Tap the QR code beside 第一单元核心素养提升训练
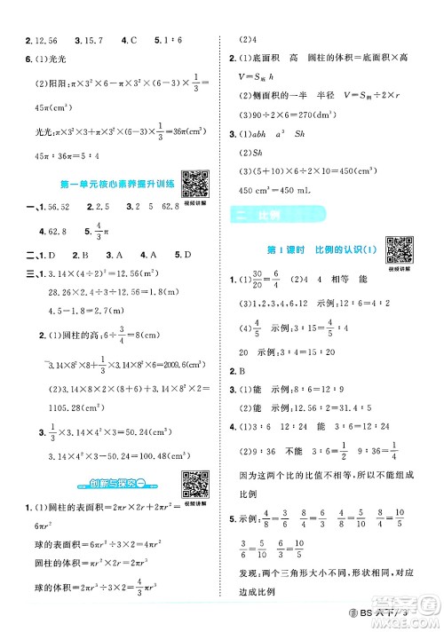tap(194, 182)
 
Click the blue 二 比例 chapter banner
tap(266, 216)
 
